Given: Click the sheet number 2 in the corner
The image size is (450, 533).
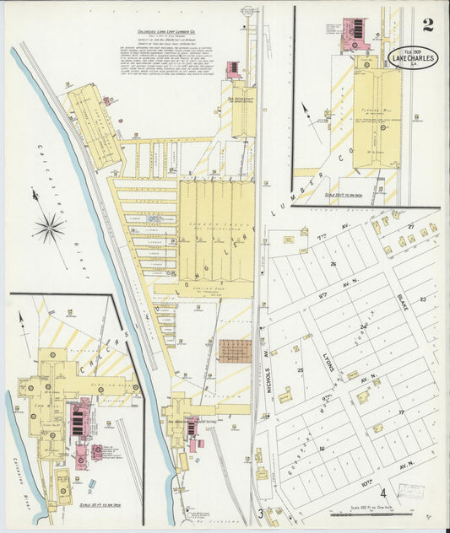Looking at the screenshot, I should tap(428, 24).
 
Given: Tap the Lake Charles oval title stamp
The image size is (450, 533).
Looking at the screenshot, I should tap(413, 58).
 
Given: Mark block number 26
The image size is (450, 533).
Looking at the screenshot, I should tap(333, 264).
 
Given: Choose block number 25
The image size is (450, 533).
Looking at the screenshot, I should tap(300, 369).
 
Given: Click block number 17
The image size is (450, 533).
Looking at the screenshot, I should tap(403, 412).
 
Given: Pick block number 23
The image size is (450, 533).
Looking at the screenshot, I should tap(423, 299).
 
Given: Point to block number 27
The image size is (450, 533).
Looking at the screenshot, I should tap(411, 227).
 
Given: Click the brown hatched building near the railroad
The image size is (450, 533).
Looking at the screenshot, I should tap(235, 351).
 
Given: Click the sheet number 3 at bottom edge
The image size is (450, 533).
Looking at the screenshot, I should tap(261, 512).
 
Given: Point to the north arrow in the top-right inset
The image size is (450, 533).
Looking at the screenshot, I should tap(305, 112).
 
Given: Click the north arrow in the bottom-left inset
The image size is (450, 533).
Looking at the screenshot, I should tap(22, 321).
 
